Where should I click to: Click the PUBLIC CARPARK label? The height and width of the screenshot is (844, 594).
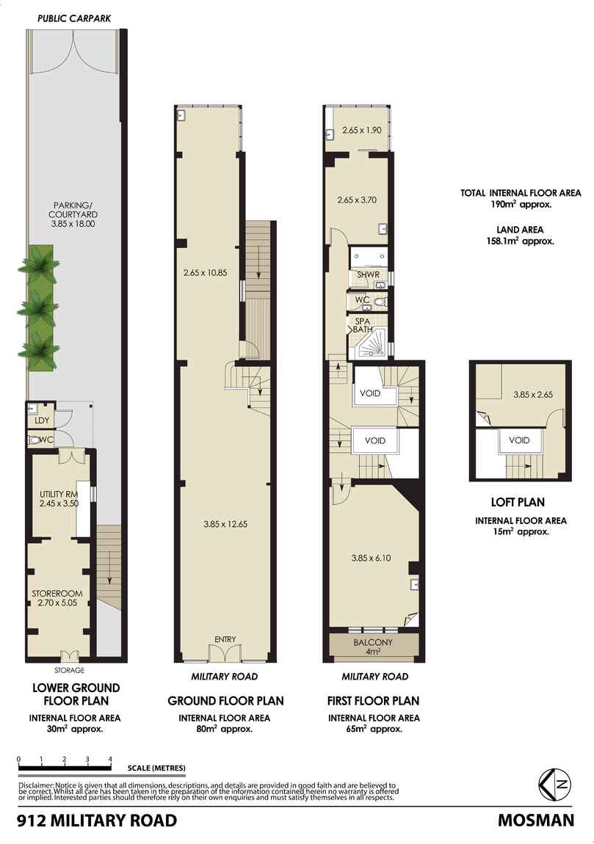point(74,18)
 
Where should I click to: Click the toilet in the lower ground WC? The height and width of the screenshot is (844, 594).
point(34,440)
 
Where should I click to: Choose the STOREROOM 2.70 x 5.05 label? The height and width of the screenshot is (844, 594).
point(59,597)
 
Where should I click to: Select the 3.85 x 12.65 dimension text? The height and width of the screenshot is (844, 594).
point(224,524)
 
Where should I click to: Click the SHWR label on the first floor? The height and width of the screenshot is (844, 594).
point(367,276)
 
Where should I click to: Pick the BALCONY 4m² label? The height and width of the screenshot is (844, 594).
point(374,647)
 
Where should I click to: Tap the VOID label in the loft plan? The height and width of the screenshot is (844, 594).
point(520,441)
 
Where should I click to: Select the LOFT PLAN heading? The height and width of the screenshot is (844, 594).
point(518,503)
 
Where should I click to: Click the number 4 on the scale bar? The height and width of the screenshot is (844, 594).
point(110,760)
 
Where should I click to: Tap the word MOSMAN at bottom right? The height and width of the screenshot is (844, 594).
point(536,821)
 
